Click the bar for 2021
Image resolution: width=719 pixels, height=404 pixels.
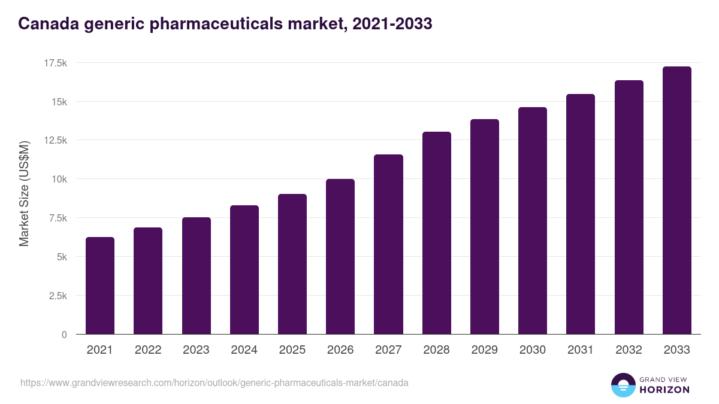(100, 285)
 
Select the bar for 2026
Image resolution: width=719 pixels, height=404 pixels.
(340, 257)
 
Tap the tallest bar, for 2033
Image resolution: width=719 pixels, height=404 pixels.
(676, 201)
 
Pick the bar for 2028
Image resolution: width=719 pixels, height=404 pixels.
(436, 233)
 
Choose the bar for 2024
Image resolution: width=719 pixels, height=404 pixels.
(244, 270)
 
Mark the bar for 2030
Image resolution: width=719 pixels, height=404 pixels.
(533, 221)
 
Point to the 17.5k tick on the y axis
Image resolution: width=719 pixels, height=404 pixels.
(55, 63)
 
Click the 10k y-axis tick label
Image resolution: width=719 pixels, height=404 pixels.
(59, 179)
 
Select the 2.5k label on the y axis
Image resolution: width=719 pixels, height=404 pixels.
(57, 296)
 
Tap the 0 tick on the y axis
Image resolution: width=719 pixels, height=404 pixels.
(64, 335)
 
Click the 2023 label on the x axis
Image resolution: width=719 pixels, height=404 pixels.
(196, 350)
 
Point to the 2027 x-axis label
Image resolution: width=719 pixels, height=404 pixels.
(388, 350)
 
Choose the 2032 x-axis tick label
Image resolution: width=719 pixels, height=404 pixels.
(629, 350)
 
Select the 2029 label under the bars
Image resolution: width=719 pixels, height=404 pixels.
(484, 350)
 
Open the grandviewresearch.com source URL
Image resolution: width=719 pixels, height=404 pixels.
(215, 382)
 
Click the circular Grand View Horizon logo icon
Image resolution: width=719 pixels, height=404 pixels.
(623, 385)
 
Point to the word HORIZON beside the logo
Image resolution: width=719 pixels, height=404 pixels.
(664, 390)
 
